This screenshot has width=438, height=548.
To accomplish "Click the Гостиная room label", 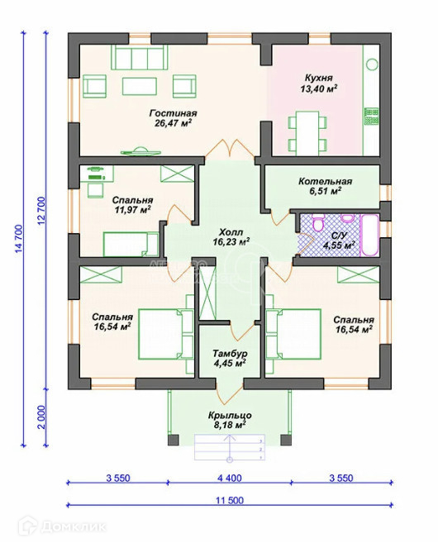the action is (174, 113).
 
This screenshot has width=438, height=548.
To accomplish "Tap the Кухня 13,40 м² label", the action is (319, 83).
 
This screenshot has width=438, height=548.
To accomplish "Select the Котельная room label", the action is (325, 181).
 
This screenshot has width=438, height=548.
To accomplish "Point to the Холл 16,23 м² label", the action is (231, 237).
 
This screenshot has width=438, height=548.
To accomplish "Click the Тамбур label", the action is (230, 353).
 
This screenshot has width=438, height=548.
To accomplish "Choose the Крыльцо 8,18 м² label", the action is (230, 420).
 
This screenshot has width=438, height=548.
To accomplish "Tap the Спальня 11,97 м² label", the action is (132, 205).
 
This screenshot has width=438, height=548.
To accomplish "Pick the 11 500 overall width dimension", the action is (230, 500).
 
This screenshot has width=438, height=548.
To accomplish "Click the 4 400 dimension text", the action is (230, 478).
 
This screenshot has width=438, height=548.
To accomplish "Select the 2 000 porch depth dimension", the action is (41, 417).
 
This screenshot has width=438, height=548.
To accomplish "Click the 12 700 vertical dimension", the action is (41, 211).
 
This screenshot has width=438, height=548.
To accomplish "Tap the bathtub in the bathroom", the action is (369, 236).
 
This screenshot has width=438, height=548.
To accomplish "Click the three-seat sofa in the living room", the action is (140, 57).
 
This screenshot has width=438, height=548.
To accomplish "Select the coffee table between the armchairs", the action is (140, 86).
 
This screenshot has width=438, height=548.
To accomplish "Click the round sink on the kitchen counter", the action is (372, 64).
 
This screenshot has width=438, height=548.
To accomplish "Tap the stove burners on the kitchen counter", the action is (372, 117).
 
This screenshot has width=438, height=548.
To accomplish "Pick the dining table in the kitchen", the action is (307, 133).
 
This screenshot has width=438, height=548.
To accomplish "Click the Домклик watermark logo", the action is (62, 527).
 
